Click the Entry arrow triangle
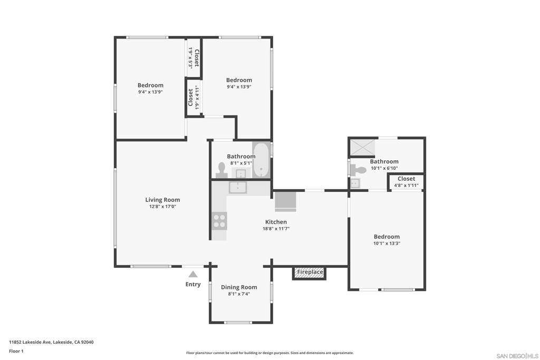(x=193, y=274)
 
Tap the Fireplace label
(x=310, y=272)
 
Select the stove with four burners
(x=219, y=221)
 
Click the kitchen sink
(x=238, y=188)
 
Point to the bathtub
(x=262, y=160)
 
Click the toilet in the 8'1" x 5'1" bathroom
(x=221, y=170)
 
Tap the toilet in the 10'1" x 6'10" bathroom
(x=359, y=170)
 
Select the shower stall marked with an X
(x=362, y=147)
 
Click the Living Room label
(x=162, y=200)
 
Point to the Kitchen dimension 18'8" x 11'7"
(x=276, y=229)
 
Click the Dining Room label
(x=239, y=287)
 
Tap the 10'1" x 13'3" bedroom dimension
(x=387, y=244)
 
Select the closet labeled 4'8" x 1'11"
(x=407, y=182)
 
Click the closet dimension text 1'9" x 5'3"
(x=190, y=58)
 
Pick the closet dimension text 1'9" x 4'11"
(x=197, y=98)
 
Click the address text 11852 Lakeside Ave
(x=30, y=342)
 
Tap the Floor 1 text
(x=16, y=351)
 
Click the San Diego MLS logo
(x=517, y=356)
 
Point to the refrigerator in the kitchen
(x=285, y=201)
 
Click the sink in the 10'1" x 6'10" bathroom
(x=355, y=183)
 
